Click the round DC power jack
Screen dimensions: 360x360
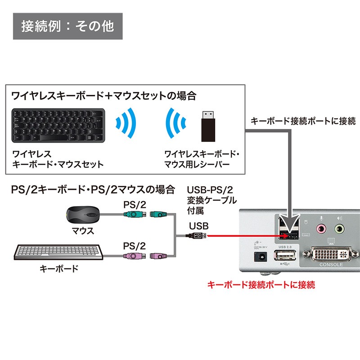[x=259, y=257]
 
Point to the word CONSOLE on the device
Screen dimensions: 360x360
[x=331, y=265]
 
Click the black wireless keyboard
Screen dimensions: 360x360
[x=58, y=125]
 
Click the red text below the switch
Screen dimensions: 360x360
[x=261, y=284]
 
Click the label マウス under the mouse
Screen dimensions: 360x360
[x=83, y=231]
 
